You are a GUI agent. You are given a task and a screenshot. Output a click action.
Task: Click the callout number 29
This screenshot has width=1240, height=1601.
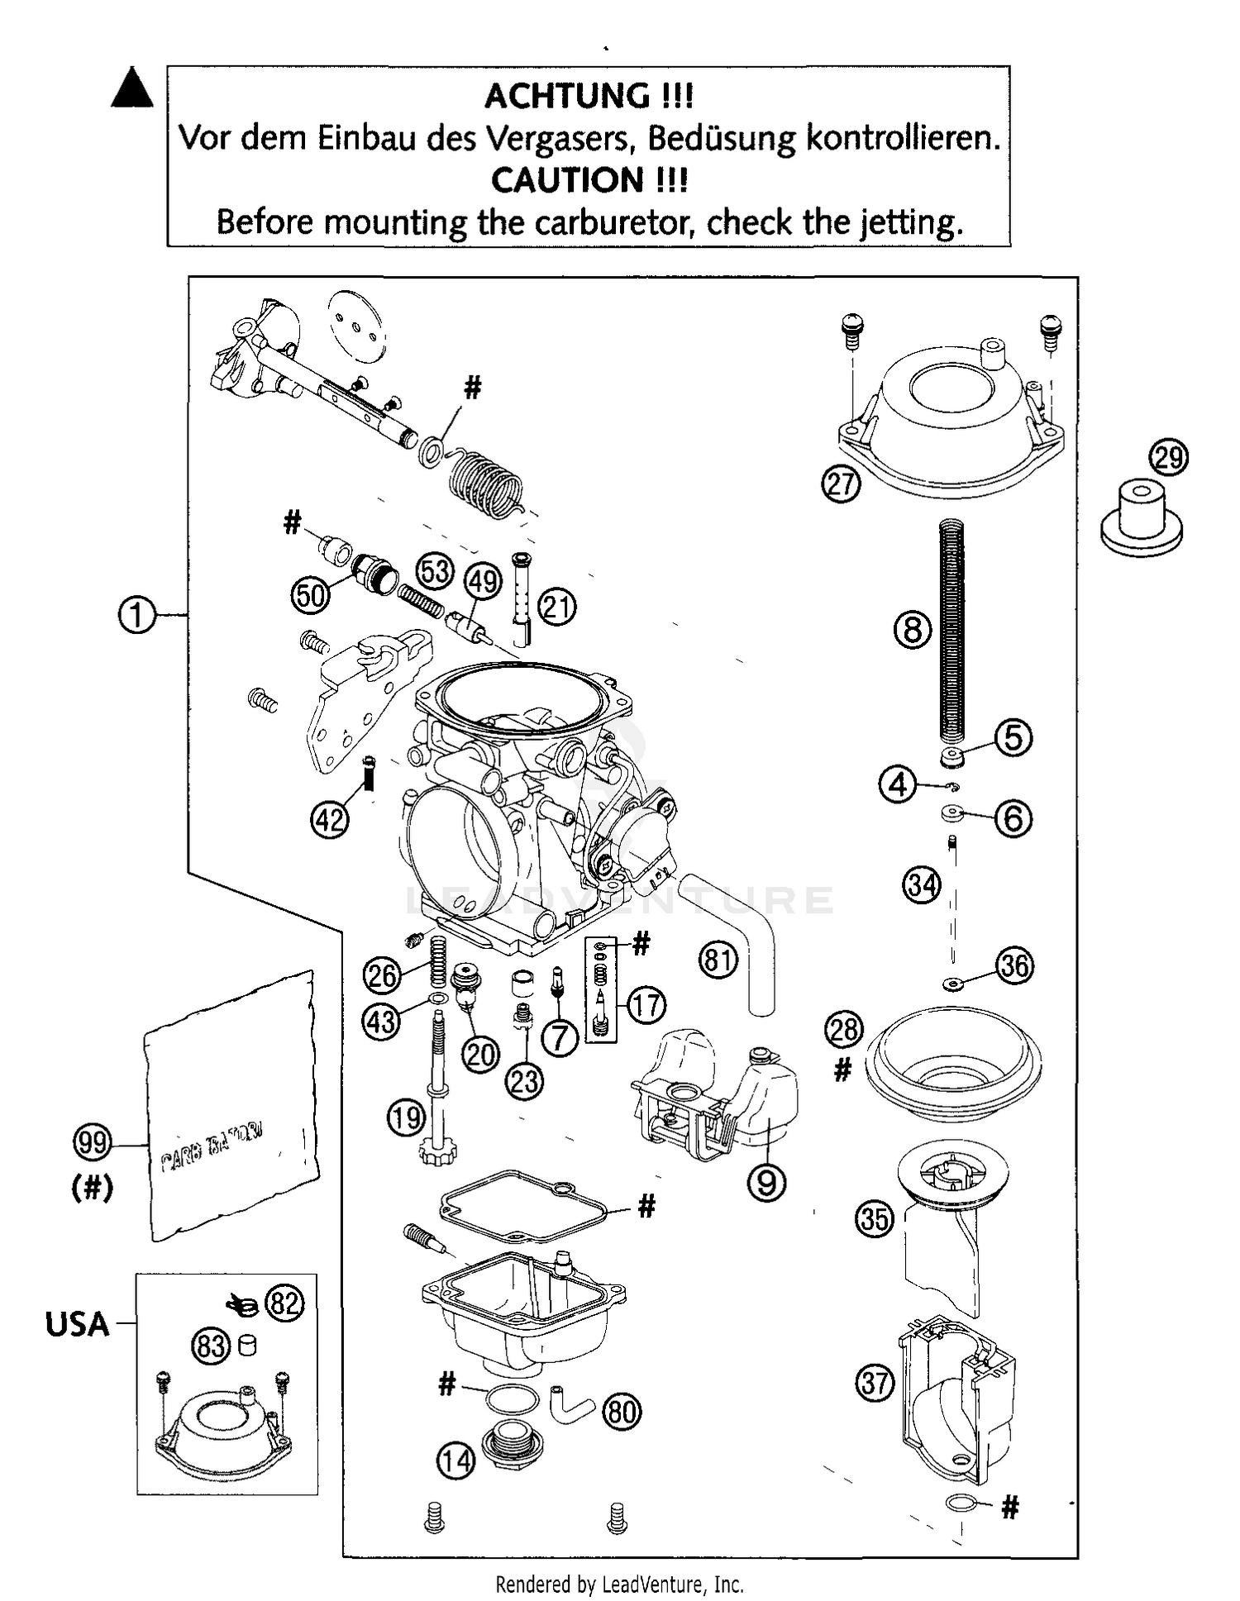[x=1168, y=457]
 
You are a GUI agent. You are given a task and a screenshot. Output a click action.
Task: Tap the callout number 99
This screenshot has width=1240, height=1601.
[x=92, y=1142]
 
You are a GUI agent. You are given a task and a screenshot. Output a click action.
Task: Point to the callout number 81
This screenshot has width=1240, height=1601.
[x=718, y=960]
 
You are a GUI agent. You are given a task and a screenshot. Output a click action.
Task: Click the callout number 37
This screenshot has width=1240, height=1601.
[x=875, y=1382]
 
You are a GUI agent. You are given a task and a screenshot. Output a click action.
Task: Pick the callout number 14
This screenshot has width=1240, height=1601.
[x=455, y=1460]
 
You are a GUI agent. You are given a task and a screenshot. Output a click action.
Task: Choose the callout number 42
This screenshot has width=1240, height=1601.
[x=330, y=820]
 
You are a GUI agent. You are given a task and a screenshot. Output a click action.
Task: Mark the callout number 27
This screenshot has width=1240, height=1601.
[x=841, y=483]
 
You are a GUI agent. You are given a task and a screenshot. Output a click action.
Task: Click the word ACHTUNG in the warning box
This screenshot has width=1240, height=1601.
[x=567, y=96]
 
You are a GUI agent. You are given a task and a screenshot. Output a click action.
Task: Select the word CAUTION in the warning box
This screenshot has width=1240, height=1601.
[x=567, y=180]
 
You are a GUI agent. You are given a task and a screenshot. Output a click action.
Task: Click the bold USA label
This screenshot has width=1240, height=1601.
[x=77, y=1324]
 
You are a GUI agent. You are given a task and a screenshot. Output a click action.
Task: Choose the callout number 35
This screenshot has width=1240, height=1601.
[x=875, y=1218]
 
